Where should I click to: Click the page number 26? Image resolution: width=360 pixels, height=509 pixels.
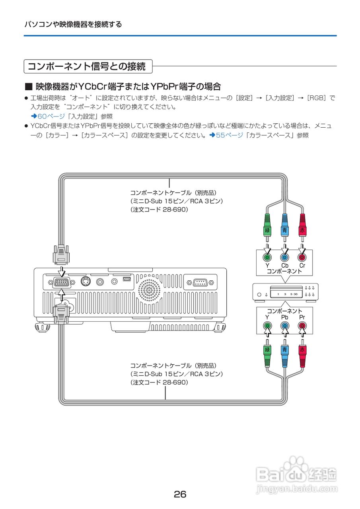pos(180,494)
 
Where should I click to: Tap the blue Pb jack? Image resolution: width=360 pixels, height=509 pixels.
pos(284,326)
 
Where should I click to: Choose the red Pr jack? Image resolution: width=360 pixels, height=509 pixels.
pos(302,326)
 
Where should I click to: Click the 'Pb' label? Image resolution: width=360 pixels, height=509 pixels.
pos(284,317)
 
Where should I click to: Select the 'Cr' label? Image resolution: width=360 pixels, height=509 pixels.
pos(302,265)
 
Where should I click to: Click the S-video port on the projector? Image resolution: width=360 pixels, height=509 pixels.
pos(85,282)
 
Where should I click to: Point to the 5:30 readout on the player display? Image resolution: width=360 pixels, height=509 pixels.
pos(294,294)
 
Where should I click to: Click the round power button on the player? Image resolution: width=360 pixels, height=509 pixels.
pos(259,295)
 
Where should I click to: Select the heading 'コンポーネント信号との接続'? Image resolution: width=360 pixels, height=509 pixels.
pos(87,66)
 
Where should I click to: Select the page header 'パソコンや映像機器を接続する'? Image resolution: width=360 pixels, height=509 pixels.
pos(73,24)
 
